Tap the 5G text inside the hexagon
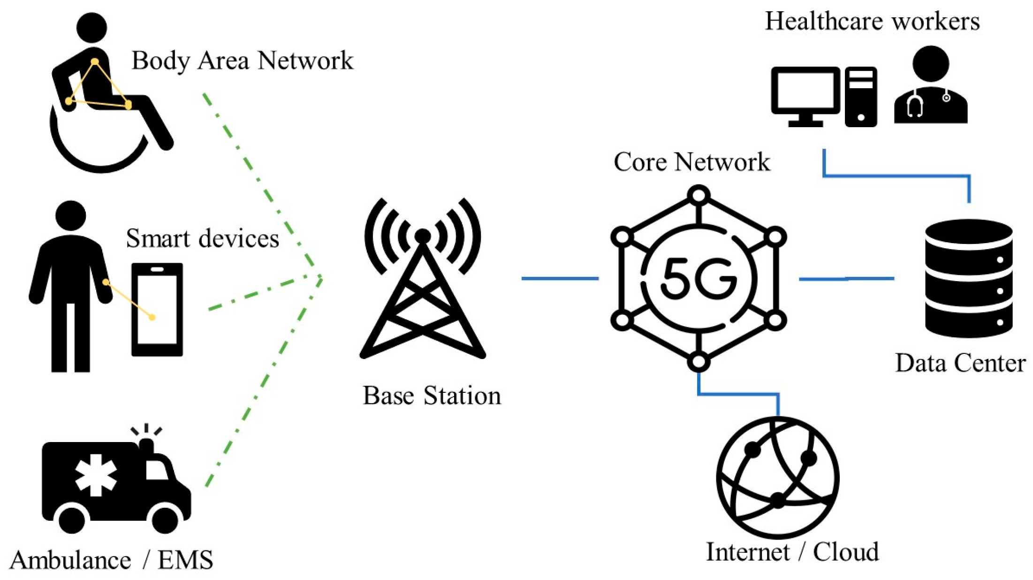[699, 279]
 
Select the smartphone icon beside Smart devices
[157, 309]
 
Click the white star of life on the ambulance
[96, 475]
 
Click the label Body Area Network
[242, 61]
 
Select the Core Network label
[691, 162]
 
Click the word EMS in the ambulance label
[185, 560]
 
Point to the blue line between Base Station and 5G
[560, 278]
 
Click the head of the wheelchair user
[92, 27]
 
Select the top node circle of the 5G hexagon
[699, 194]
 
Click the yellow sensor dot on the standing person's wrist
[106, 282]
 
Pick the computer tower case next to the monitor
[861, 97]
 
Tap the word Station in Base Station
[462, 396]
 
